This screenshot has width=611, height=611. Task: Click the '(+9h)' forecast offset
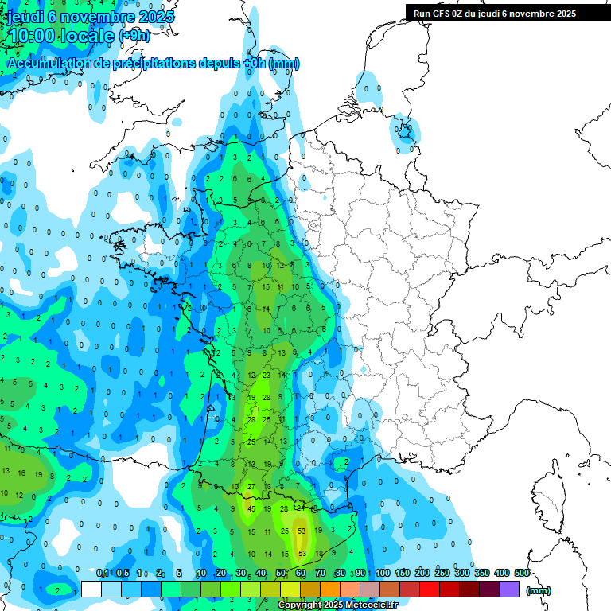coord(134,36)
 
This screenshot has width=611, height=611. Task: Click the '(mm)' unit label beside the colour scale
coord(539,590)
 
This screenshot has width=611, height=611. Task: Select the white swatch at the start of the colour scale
coord(91,589)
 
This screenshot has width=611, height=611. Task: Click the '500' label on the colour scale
coord(522,574)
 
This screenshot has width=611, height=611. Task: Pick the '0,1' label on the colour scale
coord(103,574)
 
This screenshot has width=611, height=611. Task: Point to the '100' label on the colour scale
coord(383,574)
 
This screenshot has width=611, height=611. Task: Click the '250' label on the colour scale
coord(442,574)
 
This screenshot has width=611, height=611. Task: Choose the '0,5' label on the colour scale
coord(123,574)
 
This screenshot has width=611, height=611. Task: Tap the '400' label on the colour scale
coord(502,574)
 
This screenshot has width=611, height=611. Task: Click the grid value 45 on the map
coord(251,508)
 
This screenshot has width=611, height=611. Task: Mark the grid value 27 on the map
coord(251,486)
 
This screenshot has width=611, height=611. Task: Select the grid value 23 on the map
coord(267,375)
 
